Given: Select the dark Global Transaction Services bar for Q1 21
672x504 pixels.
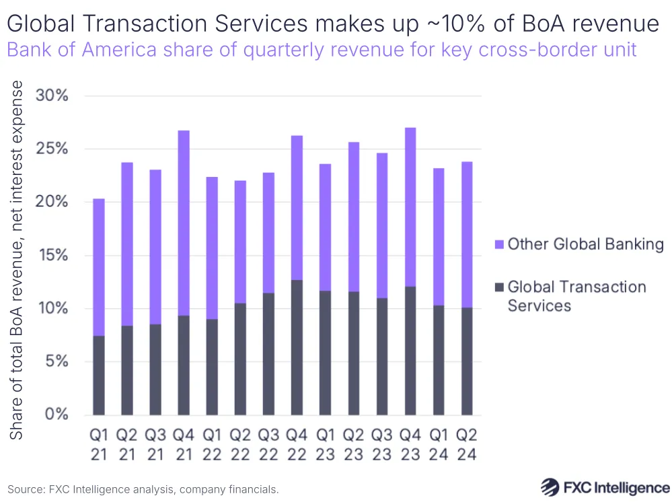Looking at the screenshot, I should point(99,375).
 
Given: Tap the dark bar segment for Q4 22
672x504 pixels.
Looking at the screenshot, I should point(297,347).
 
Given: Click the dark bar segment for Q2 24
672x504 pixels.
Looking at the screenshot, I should point(466,361).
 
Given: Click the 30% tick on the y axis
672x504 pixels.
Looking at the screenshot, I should point(52,96).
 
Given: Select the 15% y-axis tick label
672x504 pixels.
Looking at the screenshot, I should point(52,255).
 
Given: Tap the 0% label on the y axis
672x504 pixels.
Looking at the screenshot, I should point(57,415).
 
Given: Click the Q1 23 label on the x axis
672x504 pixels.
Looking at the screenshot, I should point(325,445).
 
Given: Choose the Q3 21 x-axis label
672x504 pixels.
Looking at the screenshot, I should point(155,445).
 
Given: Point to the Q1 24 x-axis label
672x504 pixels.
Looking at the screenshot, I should point(438,445).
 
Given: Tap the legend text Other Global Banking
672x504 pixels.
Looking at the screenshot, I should point(585,244).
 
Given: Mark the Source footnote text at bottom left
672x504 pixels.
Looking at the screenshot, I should point(143,489).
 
